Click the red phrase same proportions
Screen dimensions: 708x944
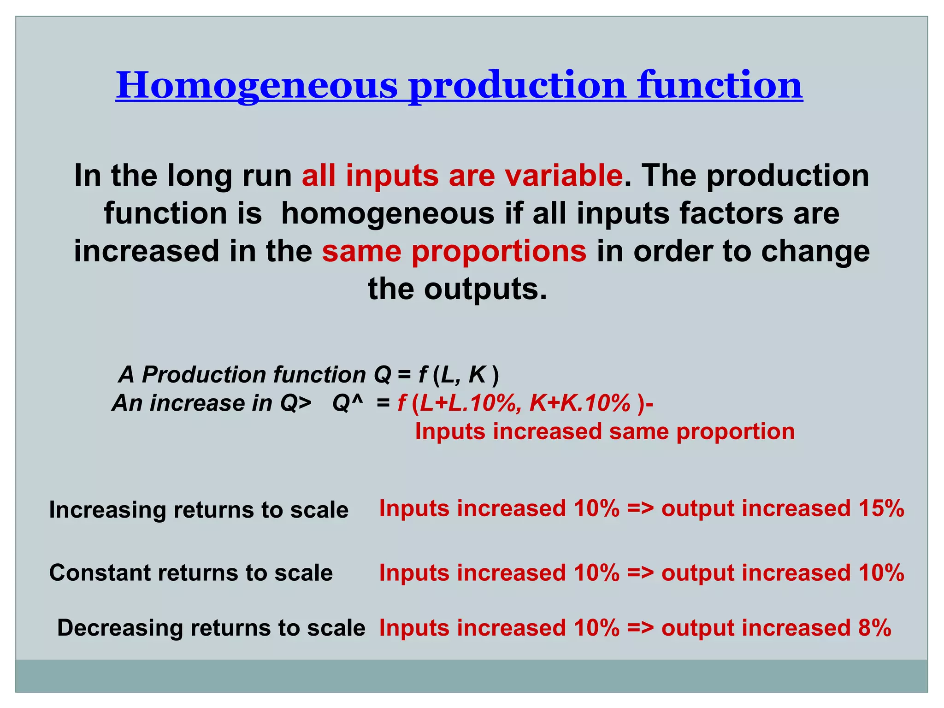coord(454,252)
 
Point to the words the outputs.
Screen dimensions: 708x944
coord(457,289)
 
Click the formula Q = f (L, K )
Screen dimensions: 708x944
coord(436,374)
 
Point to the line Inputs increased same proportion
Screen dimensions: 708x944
coord(605,432)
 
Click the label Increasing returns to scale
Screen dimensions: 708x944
coord(199,510)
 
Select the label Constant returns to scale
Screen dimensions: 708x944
coord(191,573)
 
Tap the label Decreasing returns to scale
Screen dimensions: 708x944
coord(211,628)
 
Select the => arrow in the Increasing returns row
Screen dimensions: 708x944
coord(640,509)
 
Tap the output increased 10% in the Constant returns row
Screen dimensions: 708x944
coord(783,573)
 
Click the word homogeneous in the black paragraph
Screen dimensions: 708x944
coord(388,214)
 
